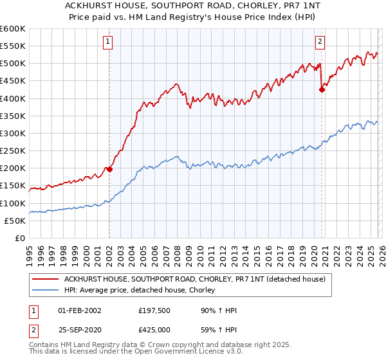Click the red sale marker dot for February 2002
point(109,169)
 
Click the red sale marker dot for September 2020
point(322,90)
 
